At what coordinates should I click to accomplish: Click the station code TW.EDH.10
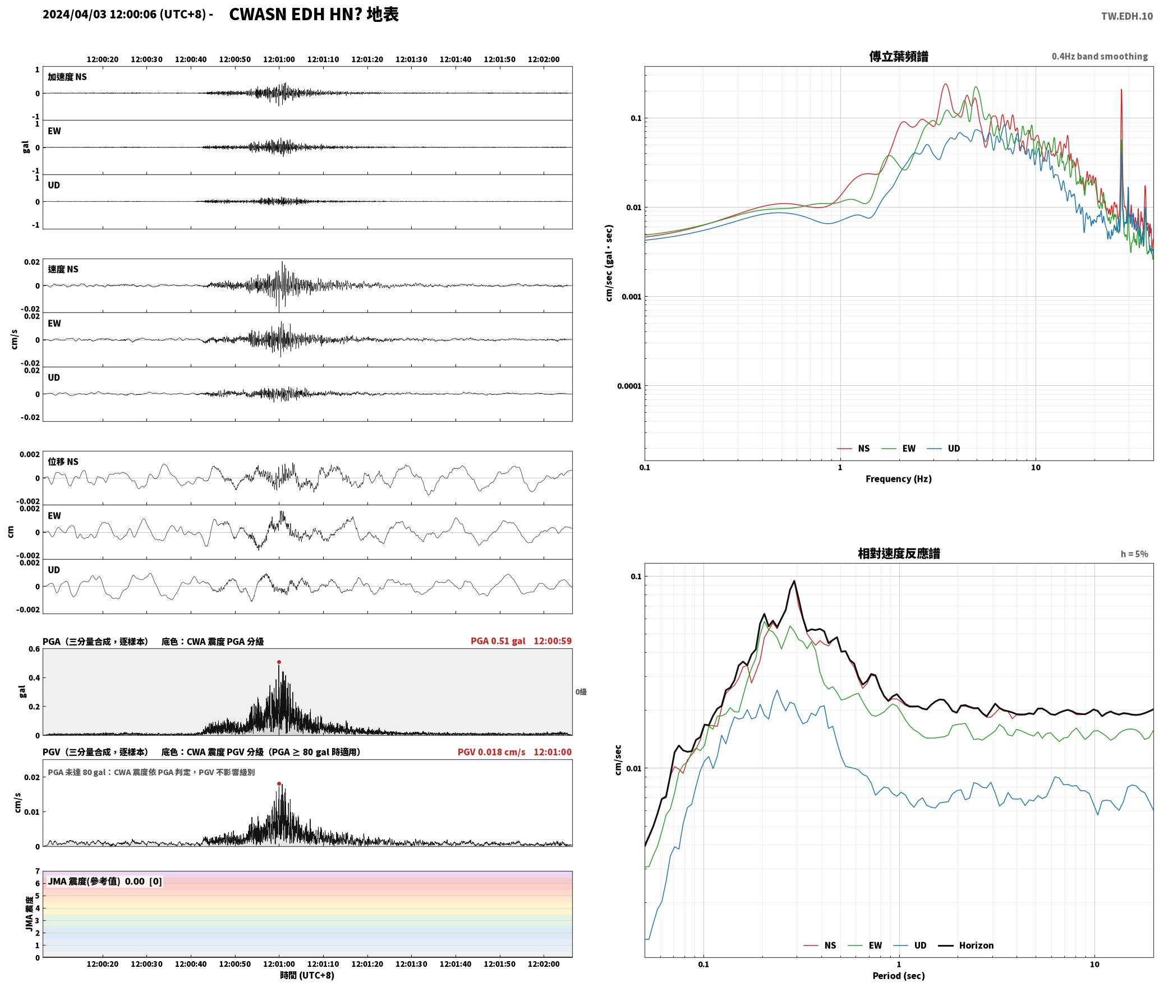coord(1126,16)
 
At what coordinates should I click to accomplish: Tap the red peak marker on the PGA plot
coord(279,662)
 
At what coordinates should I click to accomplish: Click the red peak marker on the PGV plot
coord(279,783)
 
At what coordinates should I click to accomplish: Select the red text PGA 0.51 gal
coord(498,641)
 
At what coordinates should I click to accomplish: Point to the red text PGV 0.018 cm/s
coord(491,752)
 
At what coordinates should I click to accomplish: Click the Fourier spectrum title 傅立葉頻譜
coord(898,57)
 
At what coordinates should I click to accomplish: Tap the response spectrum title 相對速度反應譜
coord(898,554)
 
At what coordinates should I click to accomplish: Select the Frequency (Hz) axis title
coord(898,479)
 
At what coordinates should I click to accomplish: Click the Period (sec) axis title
coord(898,976)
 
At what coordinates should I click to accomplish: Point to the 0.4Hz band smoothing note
coord(1100,57)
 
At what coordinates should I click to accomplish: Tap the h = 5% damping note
coord(1134,554)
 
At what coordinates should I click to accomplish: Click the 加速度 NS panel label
coord(67,77)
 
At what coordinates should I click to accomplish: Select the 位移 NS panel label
coord(63,462)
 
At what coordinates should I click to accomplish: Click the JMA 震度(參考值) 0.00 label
coord(96,882)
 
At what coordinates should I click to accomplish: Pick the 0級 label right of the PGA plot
coord(581,692)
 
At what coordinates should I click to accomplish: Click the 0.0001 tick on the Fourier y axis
coord(629,386)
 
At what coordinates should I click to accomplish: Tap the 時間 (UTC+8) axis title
coord(307,976)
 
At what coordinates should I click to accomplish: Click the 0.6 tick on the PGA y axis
coord(34,649)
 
